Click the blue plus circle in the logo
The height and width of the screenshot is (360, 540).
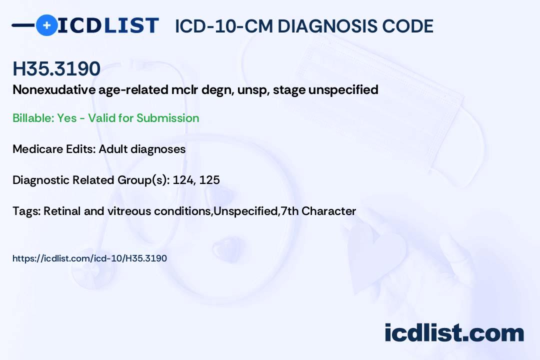46,25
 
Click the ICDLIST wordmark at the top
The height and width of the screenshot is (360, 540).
108,25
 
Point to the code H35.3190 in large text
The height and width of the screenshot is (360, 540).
56,69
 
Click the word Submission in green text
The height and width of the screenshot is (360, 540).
167,118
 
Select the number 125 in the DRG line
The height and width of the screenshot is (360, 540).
209,180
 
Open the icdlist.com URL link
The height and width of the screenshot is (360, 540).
89,258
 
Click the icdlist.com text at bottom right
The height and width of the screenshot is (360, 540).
454,333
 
